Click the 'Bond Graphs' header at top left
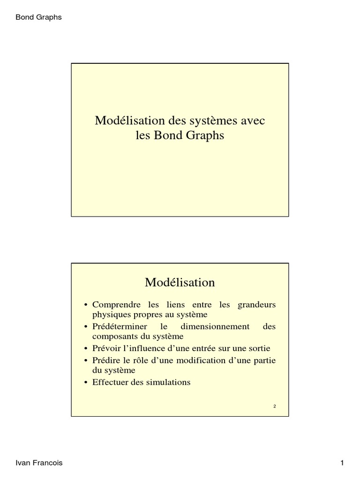tap(39, 17)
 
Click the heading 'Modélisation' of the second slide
tap(180, 283)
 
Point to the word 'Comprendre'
tap(115, 305)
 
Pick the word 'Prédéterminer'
tap(120, 327)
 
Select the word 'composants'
tap(113, 336)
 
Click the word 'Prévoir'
tap(106, 349)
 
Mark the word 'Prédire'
tap(105, 360)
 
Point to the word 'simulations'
tap(168, 382)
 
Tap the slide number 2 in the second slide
tap(275, 406)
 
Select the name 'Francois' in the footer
tap(48, 463)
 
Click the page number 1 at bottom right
tap(342, 463)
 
